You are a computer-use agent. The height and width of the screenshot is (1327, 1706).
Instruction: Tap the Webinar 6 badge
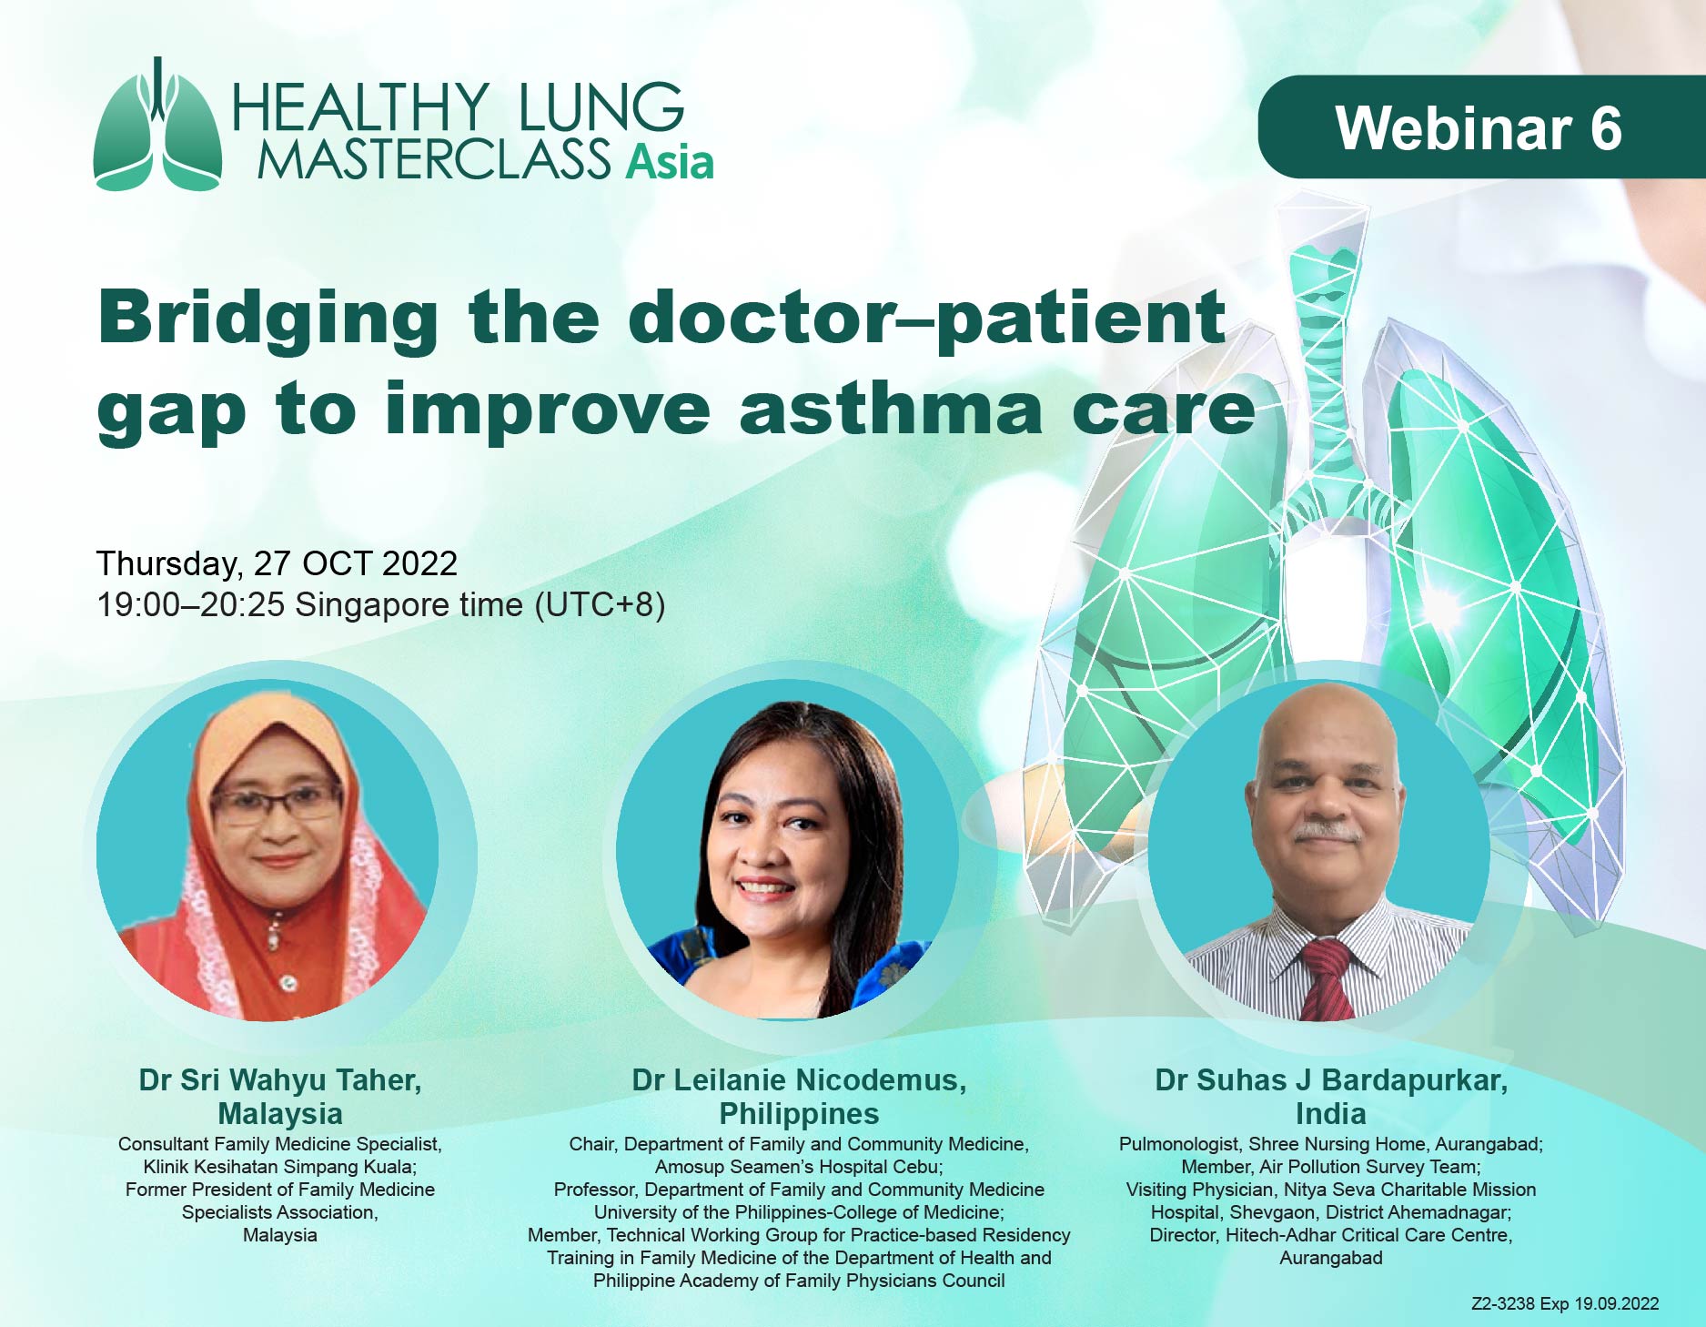(1481, 127)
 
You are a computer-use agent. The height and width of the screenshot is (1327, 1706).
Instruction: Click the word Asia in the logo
(669, 162)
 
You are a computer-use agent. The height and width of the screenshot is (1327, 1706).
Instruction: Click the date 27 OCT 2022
(356, 564)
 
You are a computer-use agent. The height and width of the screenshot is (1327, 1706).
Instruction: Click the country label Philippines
(799, 1114)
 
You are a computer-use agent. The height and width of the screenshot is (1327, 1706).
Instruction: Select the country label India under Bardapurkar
(1331, 1114)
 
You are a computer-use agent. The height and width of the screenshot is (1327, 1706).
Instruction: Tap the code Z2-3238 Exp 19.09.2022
(1565, 1304)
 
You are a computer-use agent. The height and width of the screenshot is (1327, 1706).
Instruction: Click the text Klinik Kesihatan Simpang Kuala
(278, 1167)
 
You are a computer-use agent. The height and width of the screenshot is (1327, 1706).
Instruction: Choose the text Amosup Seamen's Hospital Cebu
(797, 1167)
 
